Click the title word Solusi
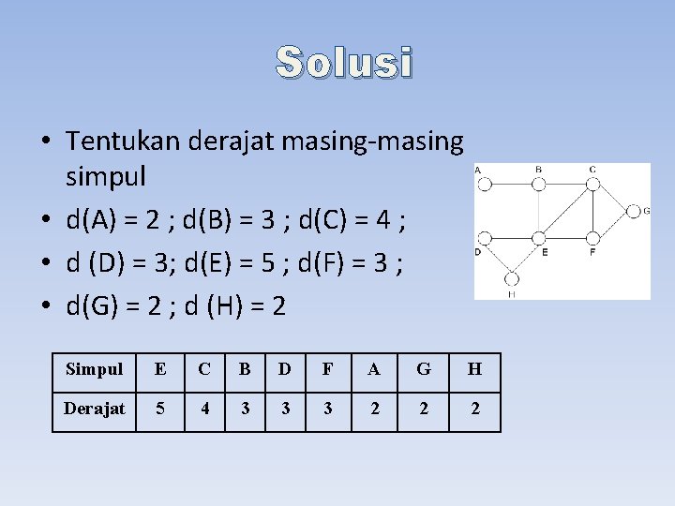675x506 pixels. [344, 63]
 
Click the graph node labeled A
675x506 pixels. [485, 185]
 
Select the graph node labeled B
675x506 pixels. [539, 185]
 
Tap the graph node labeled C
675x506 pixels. [592, 185]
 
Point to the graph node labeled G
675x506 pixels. [633, 211]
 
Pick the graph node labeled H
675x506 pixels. [512, 278]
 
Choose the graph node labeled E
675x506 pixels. [539, 238]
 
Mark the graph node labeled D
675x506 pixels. [485, 238]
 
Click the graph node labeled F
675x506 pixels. [592, 238]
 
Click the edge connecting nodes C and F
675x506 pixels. [592, 211]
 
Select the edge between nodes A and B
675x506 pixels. [512, 185]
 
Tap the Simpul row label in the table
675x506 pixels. [94, 369]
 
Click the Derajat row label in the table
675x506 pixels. [94, 409]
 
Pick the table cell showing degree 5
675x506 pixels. [160, 409]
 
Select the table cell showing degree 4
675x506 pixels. [204, 409]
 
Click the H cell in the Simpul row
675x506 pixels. [474, 369]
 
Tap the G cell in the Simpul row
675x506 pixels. [424, 369]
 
